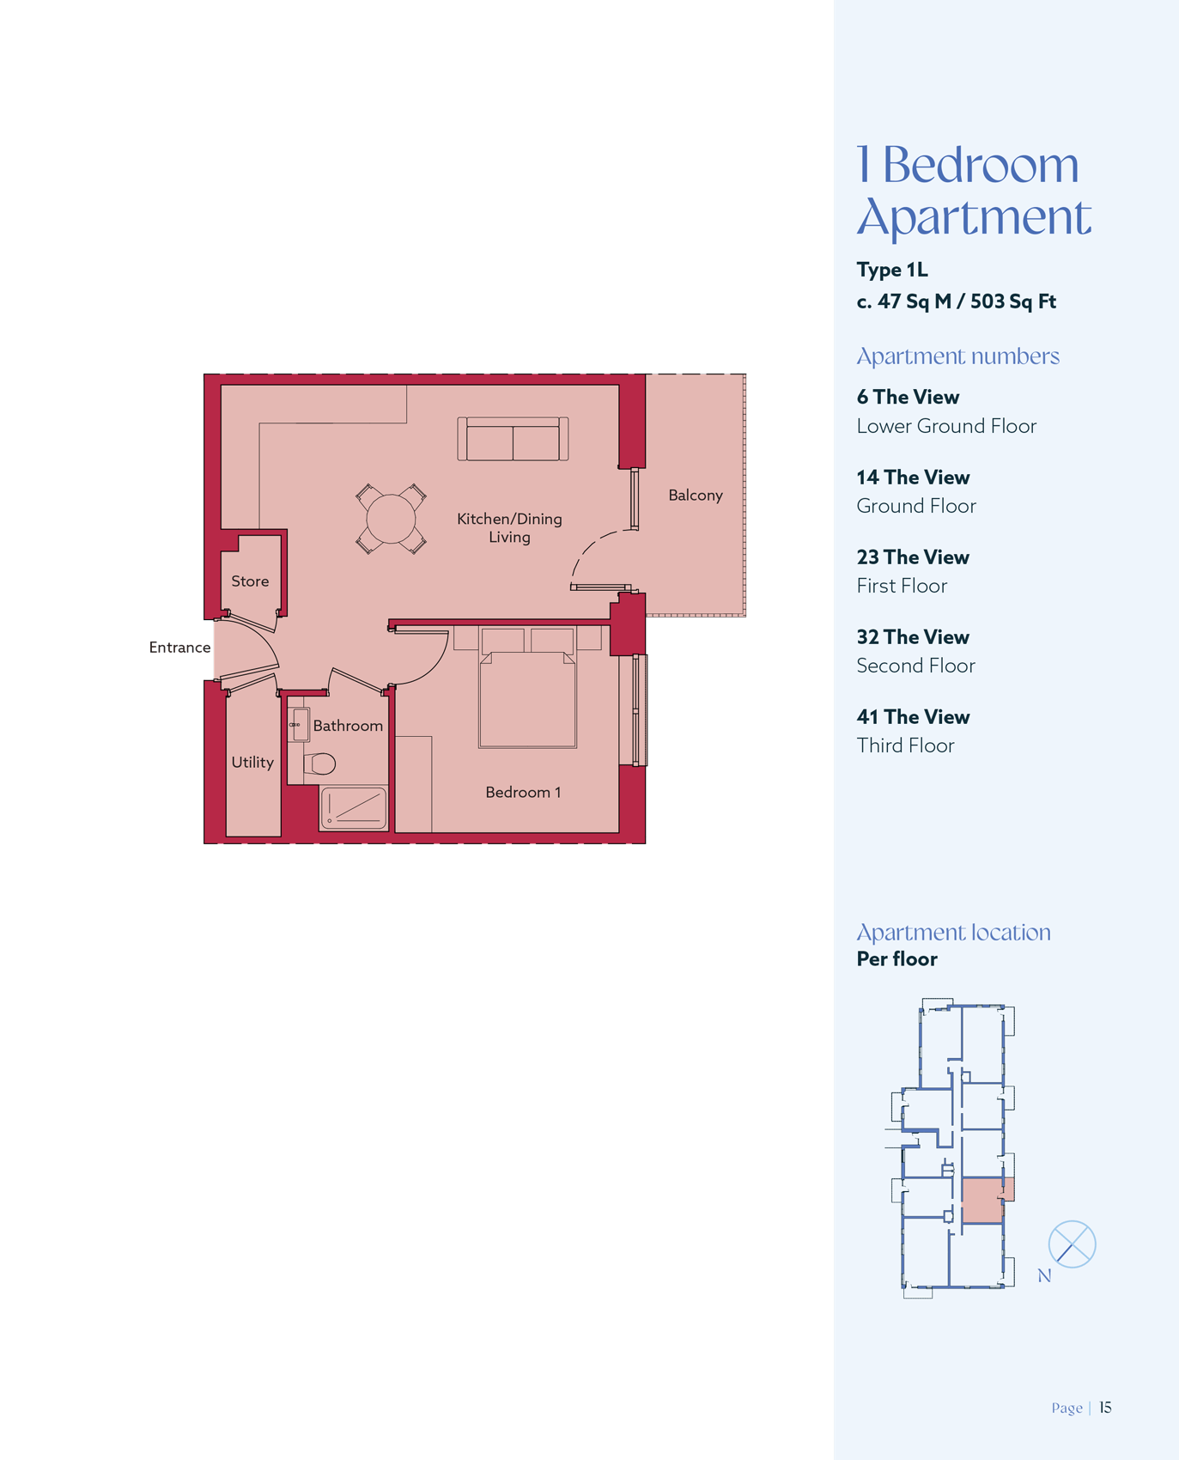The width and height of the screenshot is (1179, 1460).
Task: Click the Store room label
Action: pyautogui.click(x=250, y=581)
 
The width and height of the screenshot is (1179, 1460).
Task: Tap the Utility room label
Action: pyautogui.click(x=252, y=763)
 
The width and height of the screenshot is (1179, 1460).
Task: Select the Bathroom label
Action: pyautogui.click(x=348, y=726)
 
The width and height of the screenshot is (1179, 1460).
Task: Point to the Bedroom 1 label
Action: pyautogui.click(x=523, y=792)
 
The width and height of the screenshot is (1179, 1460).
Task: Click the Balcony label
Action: pyautogui.click(x=696, y=496)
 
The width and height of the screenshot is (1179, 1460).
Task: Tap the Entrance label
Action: pyautogui.click(x=179, y=648)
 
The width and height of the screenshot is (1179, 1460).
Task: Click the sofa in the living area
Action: pyautogui.click(x=513, y=439)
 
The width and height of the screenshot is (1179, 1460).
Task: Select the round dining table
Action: pyautogui.click(x=391, y=519)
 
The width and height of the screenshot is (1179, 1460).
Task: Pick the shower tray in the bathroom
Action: pyautogui.click(x=354, y=808)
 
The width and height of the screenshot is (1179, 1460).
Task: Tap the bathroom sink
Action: pyautogui.click(x=299, y=725)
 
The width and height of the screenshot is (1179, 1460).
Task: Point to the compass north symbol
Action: pyautogui.click(x=1072, y=1244)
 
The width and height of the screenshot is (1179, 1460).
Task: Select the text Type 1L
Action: pyautogui.click(x=892, y=271)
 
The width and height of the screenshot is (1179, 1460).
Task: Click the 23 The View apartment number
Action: pyautogui.click(x=913, y=557)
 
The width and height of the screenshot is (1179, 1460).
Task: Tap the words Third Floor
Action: pyautogui.click(x=905, y=745)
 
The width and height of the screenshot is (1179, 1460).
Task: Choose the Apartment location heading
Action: pyautogui.click(x=953, y=933)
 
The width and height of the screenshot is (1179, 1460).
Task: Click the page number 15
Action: pyautogui.click(x=1105, y=1408)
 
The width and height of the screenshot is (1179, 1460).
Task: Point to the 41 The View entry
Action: pyautogui.click(x=913, y=717)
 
